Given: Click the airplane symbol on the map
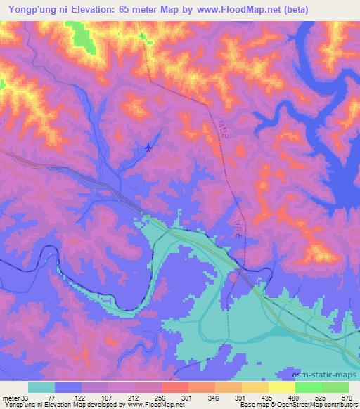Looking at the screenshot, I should [x=148, y=147].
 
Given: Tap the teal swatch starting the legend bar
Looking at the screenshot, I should [x=41, y=387].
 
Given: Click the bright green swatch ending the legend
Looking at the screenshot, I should [x=335, y=387].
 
